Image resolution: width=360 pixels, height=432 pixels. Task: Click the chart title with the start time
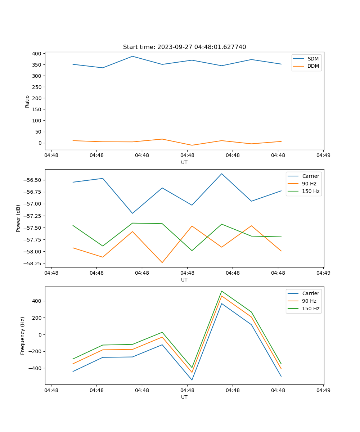[184, 47]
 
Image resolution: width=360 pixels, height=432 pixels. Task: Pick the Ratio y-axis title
[27, 101]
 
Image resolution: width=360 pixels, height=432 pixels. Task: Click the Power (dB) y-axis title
[18, 218]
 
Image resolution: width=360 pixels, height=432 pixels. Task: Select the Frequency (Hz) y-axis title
[23, 336]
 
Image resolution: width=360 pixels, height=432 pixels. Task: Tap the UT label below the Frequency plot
[184, 397]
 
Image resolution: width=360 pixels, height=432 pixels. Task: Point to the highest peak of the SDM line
[132, 56]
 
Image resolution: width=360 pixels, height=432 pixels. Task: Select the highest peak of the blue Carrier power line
[222, 174]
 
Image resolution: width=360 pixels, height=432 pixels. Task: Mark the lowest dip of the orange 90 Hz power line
[162, 262]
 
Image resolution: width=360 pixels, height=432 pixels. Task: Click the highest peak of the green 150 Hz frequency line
[222, 291]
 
